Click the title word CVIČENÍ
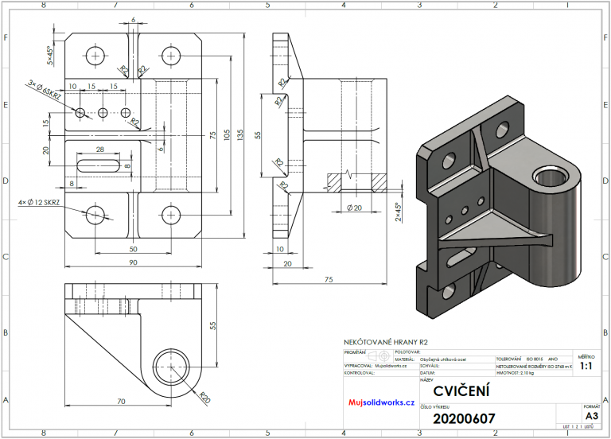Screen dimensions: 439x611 coord(461,391)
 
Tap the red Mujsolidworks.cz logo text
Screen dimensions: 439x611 coord(382,402)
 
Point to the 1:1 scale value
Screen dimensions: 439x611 coord(586,366)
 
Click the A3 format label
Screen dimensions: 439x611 coord(591,415)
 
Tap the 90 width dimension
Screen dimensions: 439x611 coord(133,262)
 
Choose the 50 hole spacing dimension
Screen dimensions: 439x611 coord(133,249)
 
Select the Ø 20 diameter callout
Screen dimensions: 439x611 coord(355,208)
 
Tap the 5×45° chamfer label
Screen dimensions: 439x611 coord(49,54)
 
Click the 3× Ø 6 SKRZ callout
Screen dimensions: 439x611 coord(45,88)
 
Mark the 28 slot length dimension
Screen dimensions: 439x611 coord(99,150)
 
